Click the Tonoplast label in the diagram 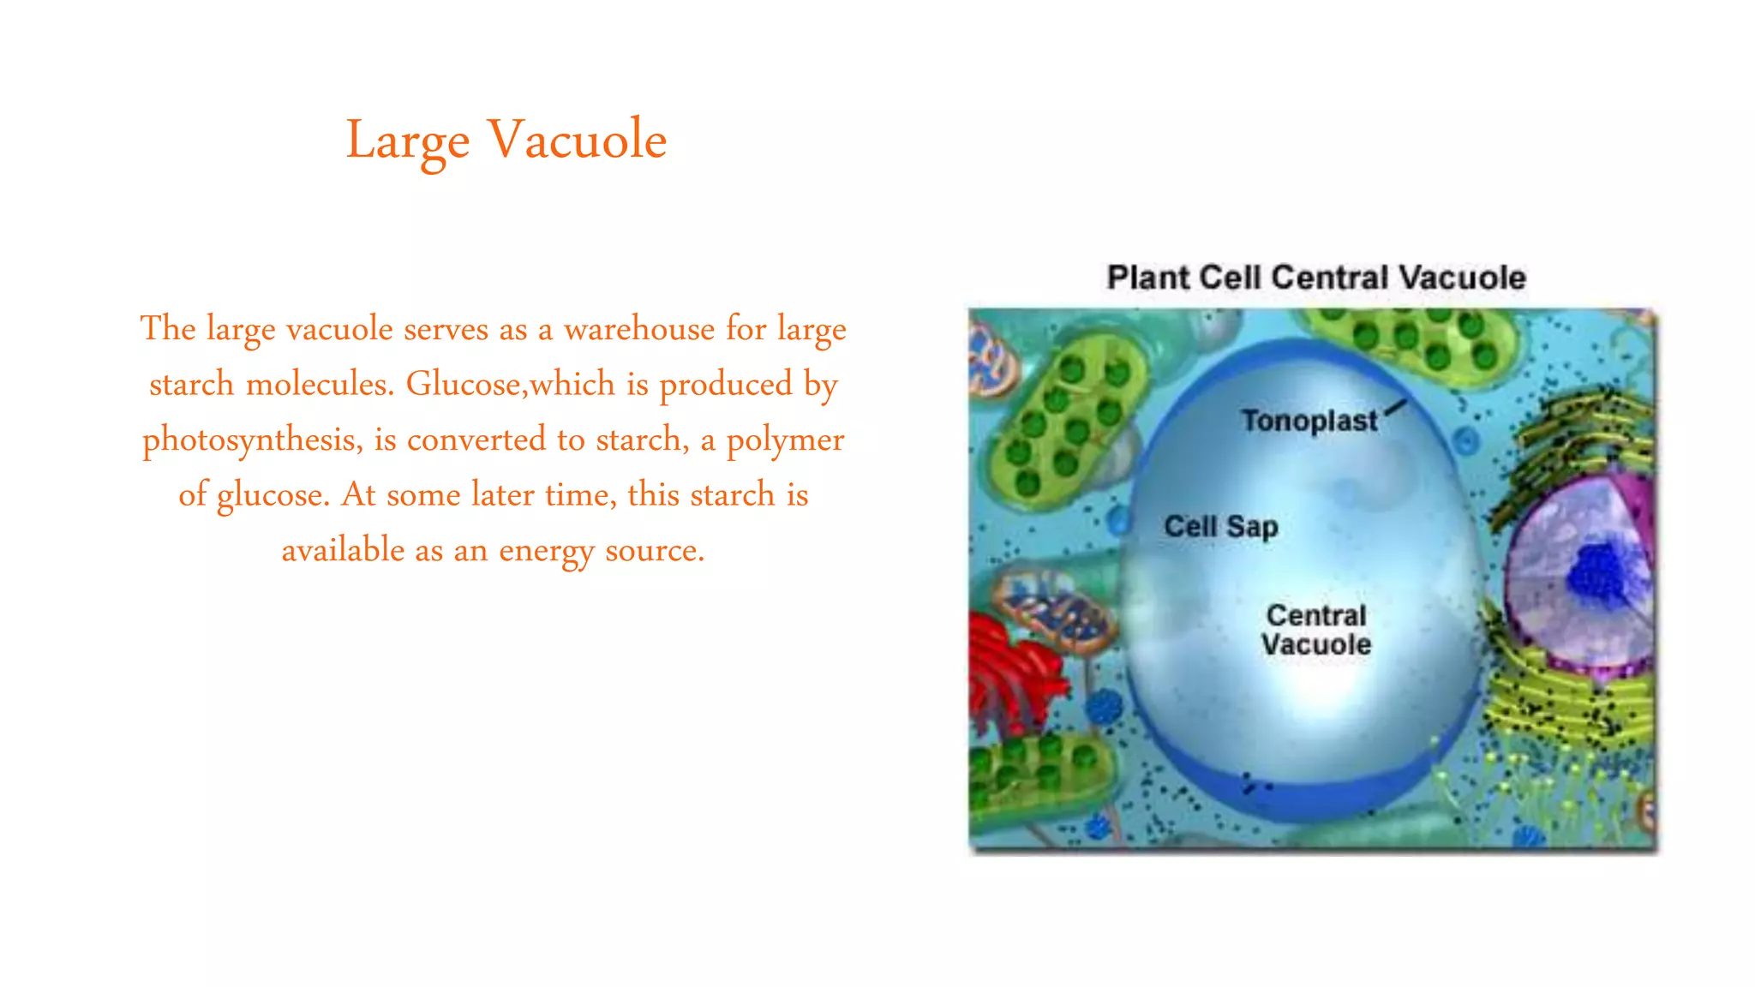point(1309,421)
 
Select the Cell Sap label point(1220,526)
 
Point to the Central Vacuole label point(1315,630)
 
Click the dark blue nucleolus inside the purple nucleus point(1596,572)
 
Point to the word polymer point(785,440)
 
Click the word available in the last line point(343,550)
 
